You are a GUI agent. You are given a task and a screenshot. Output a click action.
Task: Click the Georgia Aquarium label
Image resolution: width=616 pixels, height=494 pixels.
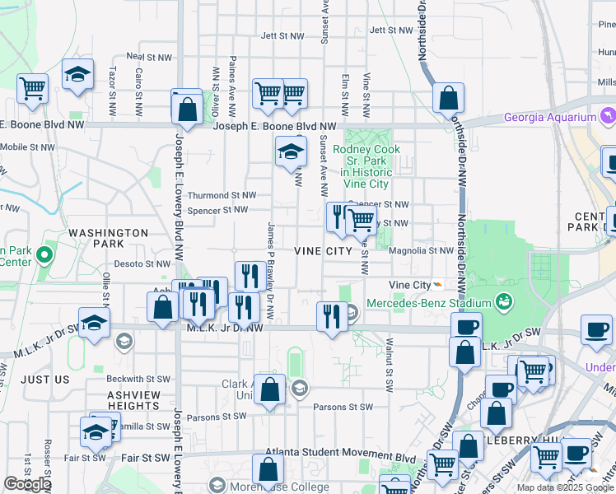tap(550, 117)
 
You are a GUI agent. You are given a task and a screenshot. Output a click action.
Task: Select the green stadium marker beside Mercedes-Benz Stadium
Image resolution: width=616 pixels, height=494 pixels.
tap(502, 302)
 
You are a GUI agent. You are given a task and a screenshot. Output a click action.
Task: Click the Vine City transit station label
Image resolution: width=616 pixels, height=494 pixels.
tap(409, 285)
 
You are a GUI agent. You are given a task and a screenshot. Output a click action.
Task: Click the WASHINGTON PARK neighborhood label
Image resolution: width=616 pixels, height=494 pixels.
tap(108, 239)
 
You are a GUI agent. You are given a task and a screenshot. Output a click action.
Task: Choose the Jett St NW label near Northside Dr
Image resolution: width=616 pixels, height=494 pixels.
tap(390, 30)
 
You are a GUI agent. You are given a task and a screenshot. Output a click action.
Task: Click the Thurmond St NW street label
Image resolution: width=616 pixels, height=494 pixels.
tap(222, 195)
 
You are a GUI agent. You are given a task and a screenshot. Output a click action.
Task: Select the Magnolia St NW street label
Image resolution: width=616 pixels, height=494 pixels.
tap(420, 251)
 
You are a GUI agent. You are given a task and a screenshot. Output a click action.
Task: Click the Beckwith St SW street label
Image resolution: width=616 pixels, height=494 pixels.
tap(138, 379)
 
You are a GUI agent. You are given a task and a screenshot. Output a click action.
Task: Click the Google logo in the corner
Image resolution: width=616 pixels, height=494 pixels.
tap(27, 484)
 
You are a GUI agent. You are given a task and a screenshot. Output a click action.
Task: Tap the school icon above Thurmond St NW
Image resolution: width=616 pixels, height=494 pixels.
tap(290, 151)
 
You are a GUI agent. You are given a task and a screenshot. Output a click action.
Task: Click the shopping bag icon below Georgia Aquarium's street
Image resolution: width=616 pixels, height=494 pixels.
tap(447, 99)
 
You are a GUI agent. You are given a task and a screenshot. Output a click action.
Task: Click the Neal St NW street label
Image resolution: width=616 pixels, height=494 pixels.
tap(148, 58)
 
